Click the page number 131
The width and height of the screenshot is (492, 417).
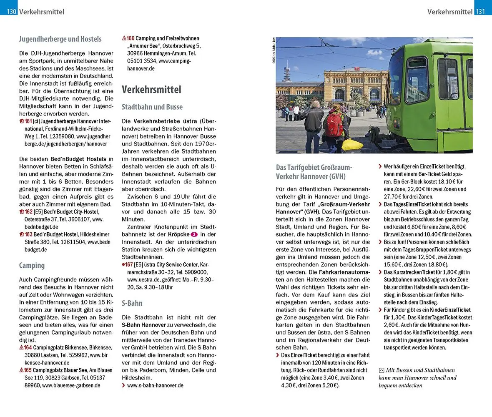click(481, 12)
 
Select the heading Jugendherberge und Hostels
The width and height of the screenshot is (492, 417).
click(60, 39)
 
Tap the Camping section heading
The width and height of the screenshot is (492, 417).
click(32, 265)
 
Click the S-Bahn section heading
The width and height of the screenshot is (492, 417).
click(132, 303)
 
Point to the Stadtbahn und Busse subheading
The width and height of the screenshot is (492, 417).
click(152, 107)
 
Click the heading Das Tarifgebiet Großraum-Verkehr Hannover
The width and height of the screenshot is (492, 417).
click(314, 171)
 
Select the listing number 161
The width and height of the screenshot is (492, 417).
click(28, 121)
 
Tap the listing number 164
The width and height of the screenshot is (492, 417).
click(28, 347)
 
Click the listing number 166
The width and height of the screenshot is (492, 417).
click(131, 38)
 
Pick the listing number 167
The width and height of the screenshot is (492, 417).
click(131, 265)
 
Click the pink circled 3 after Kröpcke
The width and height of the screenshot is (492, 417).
click(194, 235)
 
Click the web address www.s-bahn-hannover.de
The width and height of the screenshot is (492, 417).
click(155, 385)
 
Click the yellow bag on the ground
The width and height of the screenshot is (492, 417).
click(352, 145)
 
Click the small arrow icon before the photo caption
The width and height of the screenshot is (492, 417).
click(382, 370)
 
